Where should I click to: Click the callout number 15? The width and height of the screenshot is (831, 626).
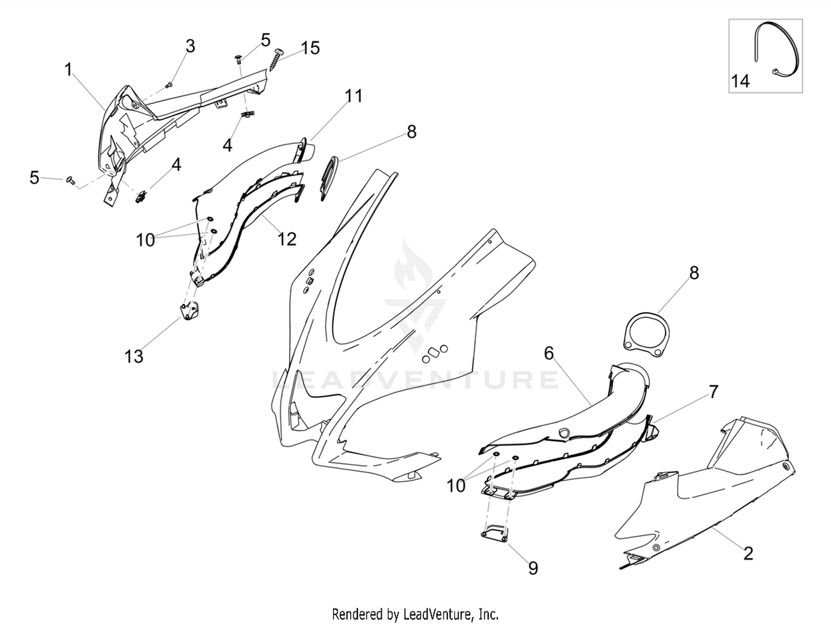click(310, 48)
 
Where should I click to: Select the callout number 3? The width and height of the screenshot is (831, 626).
click(191, 46)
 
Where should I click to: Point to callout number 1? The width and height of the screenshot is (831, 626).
click(68, 70)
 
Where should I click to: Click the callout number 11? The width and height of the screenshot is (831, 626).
click(354, 96)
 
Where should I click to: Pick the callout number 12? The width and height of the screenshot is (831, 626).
click(286, 239)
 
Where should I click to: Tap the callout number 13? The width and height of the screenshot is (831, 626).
click(134, 357)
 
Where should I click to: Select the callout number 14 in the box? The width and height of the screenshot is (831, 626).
click(740, 81)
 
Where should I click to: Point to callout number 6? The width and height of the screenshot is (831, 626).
click(550, 353)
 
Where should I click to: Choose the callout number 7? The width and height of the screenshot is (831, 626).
click(713, 392)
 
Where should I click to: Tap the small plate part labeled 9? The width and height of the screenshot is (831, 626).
click(495, 533)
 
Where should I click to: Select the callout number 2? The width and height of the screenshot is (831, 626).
click(748, 554)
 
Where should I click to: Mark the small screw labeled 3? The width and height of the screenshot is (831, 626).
click(169, 85)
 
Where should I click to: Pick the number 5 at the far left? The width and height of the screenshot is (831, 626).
click(34, 178)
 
